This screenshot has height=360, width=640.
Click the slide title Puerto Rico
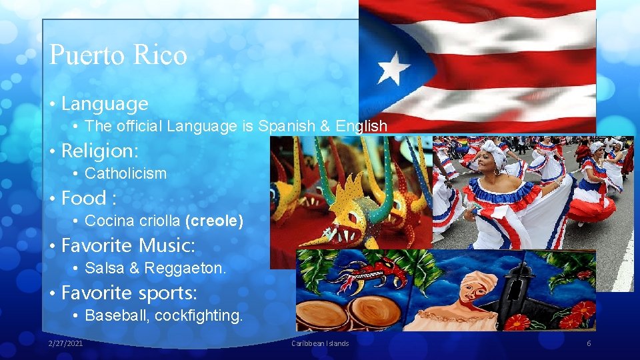(118, 55)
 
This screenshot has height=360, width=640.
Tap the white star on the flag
(394, 68)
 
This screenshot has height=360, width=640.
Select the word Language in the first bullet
(105, 104)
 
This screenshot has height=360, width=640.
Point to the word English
(361, 126)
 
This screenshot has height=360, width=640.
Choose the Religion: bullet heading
(100, 151)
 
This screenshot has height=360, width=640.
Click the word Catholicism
(126, 173)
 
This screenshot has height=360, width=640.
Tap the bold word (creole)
(214, 221)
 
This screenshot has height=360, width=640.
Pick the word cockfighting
(199, 315)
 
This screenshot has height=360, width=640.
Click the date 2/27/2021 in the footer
(66, 343)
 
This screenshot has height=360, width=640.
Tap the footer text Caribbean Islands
(320, 343)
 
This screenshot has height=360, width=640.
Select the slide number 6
(589, 343)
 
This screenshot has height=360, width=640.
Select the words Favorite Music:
(128, 245)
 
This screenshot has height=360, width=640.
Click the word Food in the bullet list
(83, 198)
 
